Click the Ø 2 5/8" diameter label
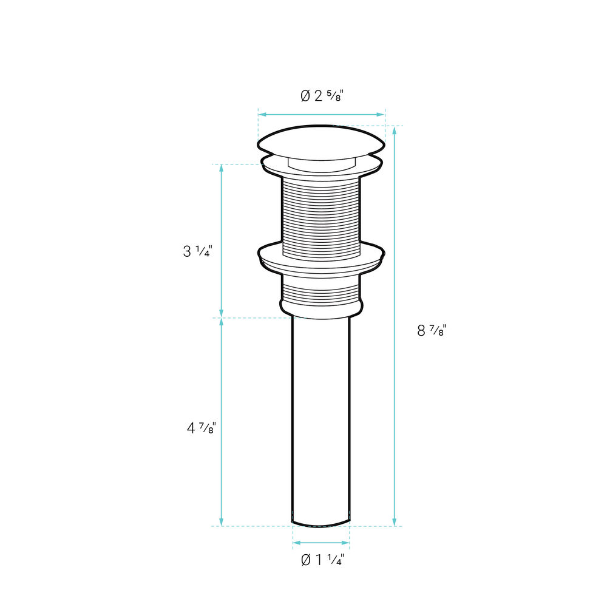coord(322,96)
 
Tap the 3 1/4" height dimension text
coord(197,251)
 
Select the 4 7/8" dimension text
coord(202,428)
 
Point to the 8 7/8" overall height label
coord(432,331)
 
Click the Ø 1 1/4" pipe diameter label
coord(322,560)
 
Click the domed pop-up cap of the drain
coord(321,141)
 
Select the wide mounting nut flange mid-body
coord(321,259)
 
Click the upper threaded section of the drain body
coord(321,217)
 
